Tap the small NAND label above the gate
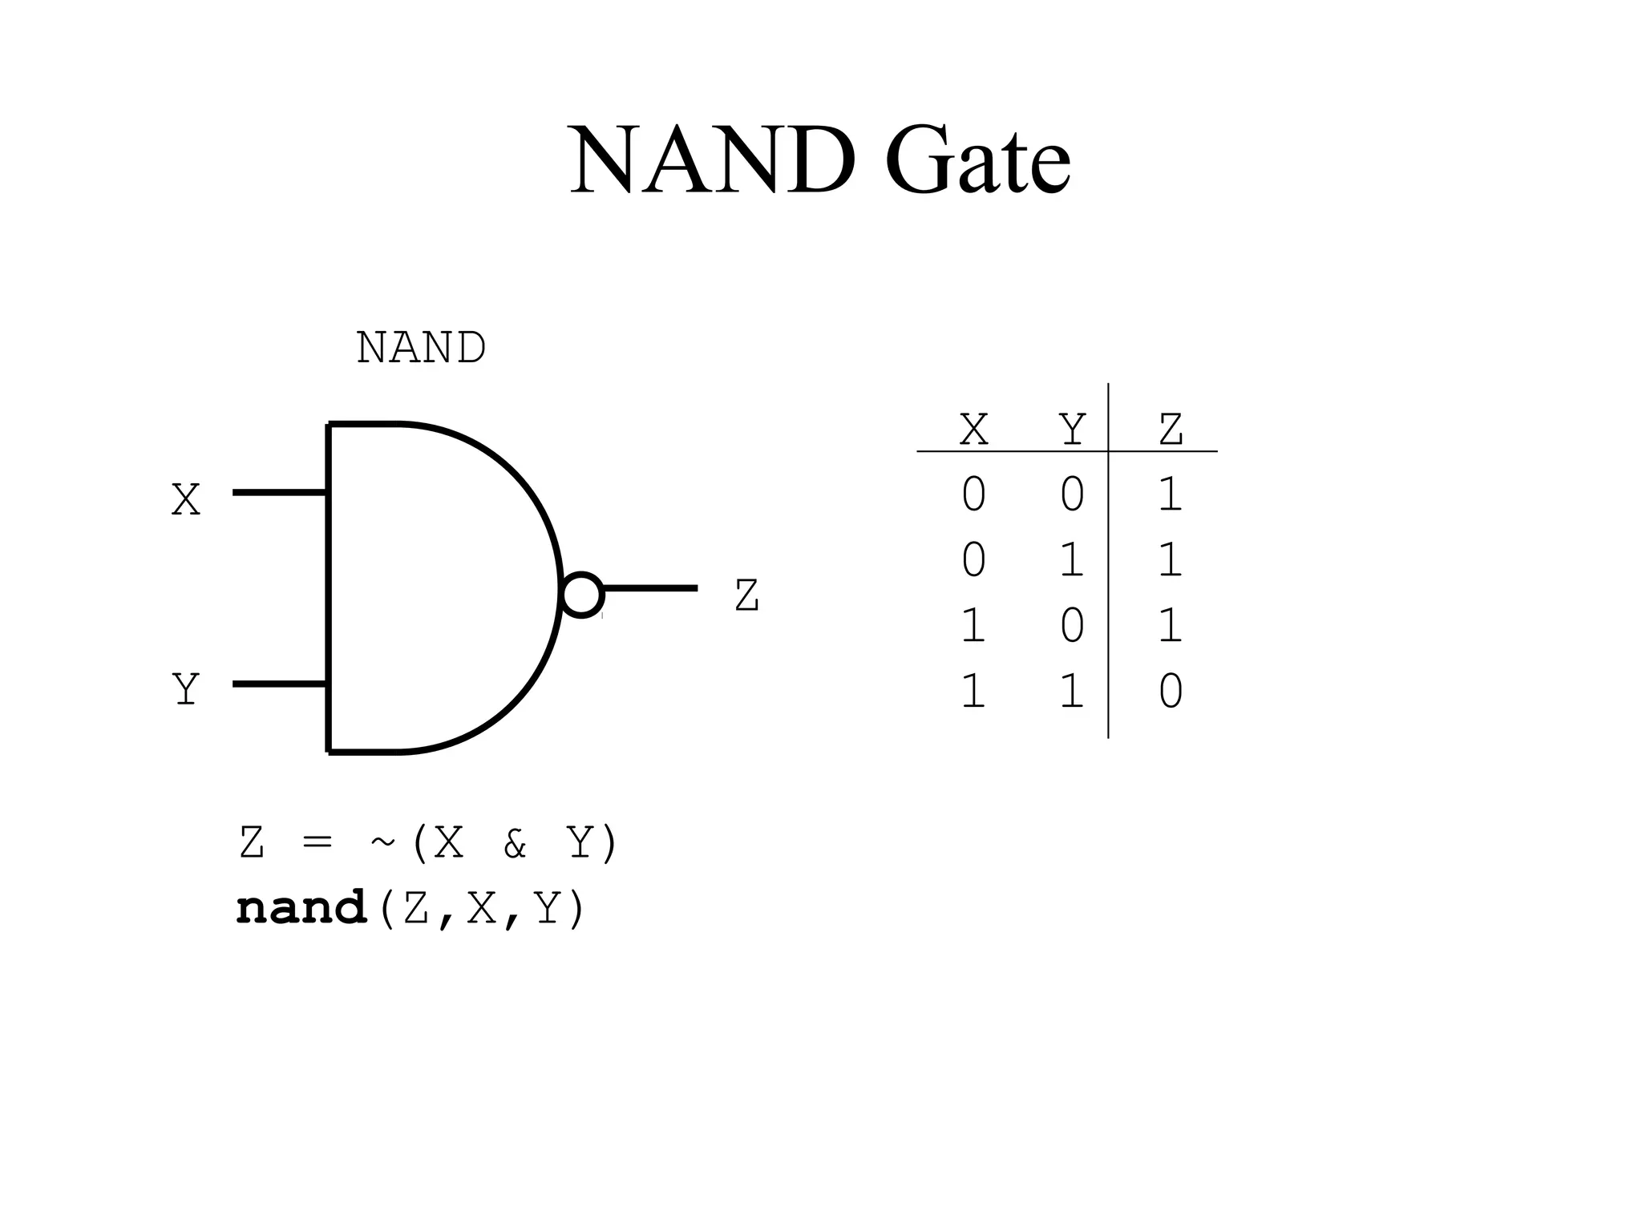click(421, 348)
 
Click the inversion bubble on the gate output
click(581, 595)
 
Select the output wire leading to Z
click(649, 588)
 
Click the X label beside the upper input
click(185, 500)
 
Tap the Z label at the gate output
click(746, 596)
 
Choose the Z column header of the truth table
click(1171, 430)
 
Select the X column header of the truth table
click(973, 430)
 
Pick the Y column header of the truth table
click(1072, 430)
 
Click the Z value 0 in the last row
click(1171, 692)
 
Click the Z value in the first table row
click(1171, 494)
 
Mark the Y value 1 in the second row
click(1072, 560)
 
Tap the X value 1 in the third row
click(973, 626)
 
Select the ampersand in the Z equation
click(514, 844)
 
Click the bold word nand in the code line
click(301, 909)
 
